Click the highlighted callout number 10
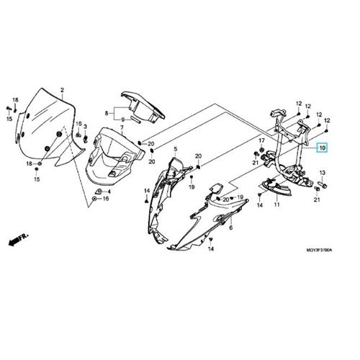point(322,148)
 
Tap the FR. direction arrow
point(19,239)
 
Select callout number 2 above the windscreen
point(62,90)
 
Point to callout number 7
point(122,127)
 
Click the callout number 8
point(107,113)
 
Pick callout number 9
point(122,120)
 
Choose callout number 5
point(175,149)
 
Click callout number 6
point(231,228)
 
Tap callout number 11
point(277,204)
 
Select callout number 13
point(322,173)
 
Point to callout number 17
point(261,140)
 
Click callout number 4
point(109,192)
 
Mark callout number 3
point(85,127)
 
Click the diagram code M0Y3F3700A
point(319,250)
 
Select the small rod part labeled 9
point(135,119)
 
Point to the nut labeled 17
point(262,150)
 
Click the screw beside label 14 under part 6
point(210,240)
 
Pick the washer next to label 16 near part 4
point(94,199)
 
